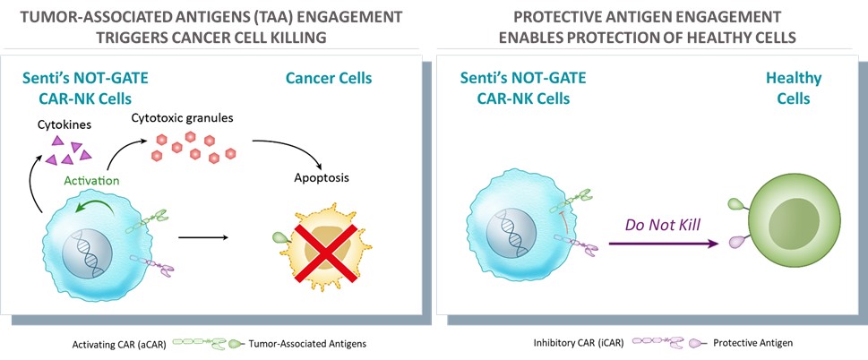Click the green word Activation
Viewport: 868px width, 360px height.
(x=92, y=181)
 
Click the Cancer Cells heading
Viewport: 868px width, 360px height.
(x=328, y=79)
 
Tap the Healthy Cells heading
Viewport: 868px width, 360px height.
(x=787, y=89)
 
